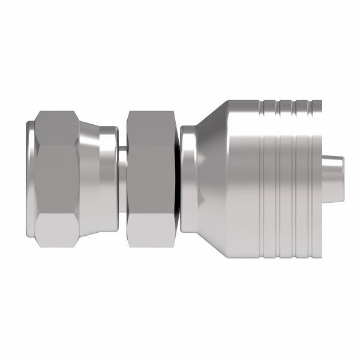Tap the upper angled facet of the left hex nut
coord(56,122)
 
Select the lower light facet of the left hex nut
coord(56,233)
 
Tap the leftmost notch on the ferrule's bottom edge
coord(263,254)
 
